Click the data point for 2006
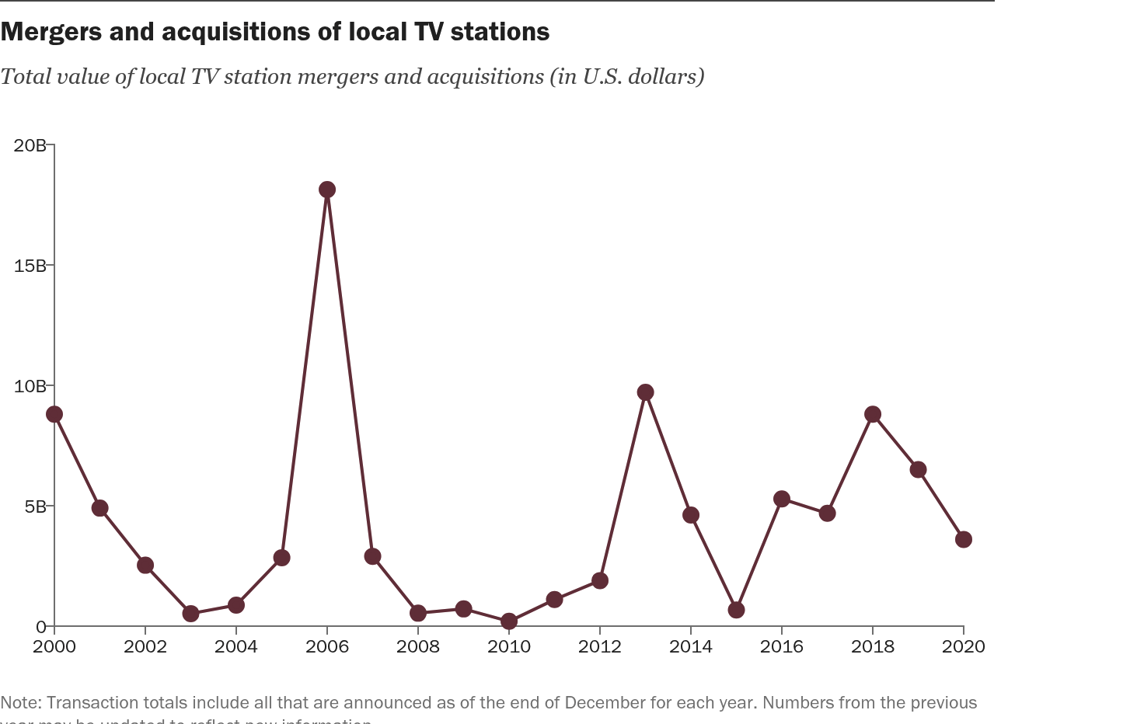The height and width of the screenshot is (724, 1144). point(327,190)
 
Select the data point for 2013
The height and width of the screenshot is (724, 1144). point(645,392)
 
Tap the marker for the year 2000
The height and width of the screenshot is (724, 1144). point(54,414)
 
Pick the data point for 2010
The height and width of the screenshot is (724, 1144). point(509,621)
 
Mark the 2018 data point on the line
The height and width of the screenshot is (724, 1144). point(873,414)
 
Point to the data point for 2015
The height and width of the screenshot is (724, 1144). point(736,610)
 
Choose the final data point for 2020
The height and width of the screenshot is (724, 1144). point(964,539)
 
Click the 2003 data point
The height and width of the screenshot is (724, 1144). point(190,614)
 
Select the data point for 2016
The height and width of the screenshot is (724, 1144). point(782,499)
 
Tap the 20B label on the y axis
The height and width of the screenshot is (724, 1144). point(30,145)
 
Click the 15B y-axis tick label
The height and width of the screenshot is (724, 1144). point(30,266)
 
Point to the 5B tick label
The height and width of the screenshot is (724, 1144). point(34,506)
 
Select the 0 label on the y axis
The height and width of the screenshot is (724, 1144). point(41,627)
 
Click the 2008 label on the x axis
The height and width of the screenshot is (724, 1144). point(418,646)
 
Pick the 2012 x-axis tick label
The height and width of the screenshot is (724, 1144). point(600,646)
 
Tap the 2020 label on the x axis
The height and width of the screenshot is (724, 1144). point(964,646)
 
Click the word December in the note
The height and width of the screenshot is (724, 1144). point(605,702)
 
